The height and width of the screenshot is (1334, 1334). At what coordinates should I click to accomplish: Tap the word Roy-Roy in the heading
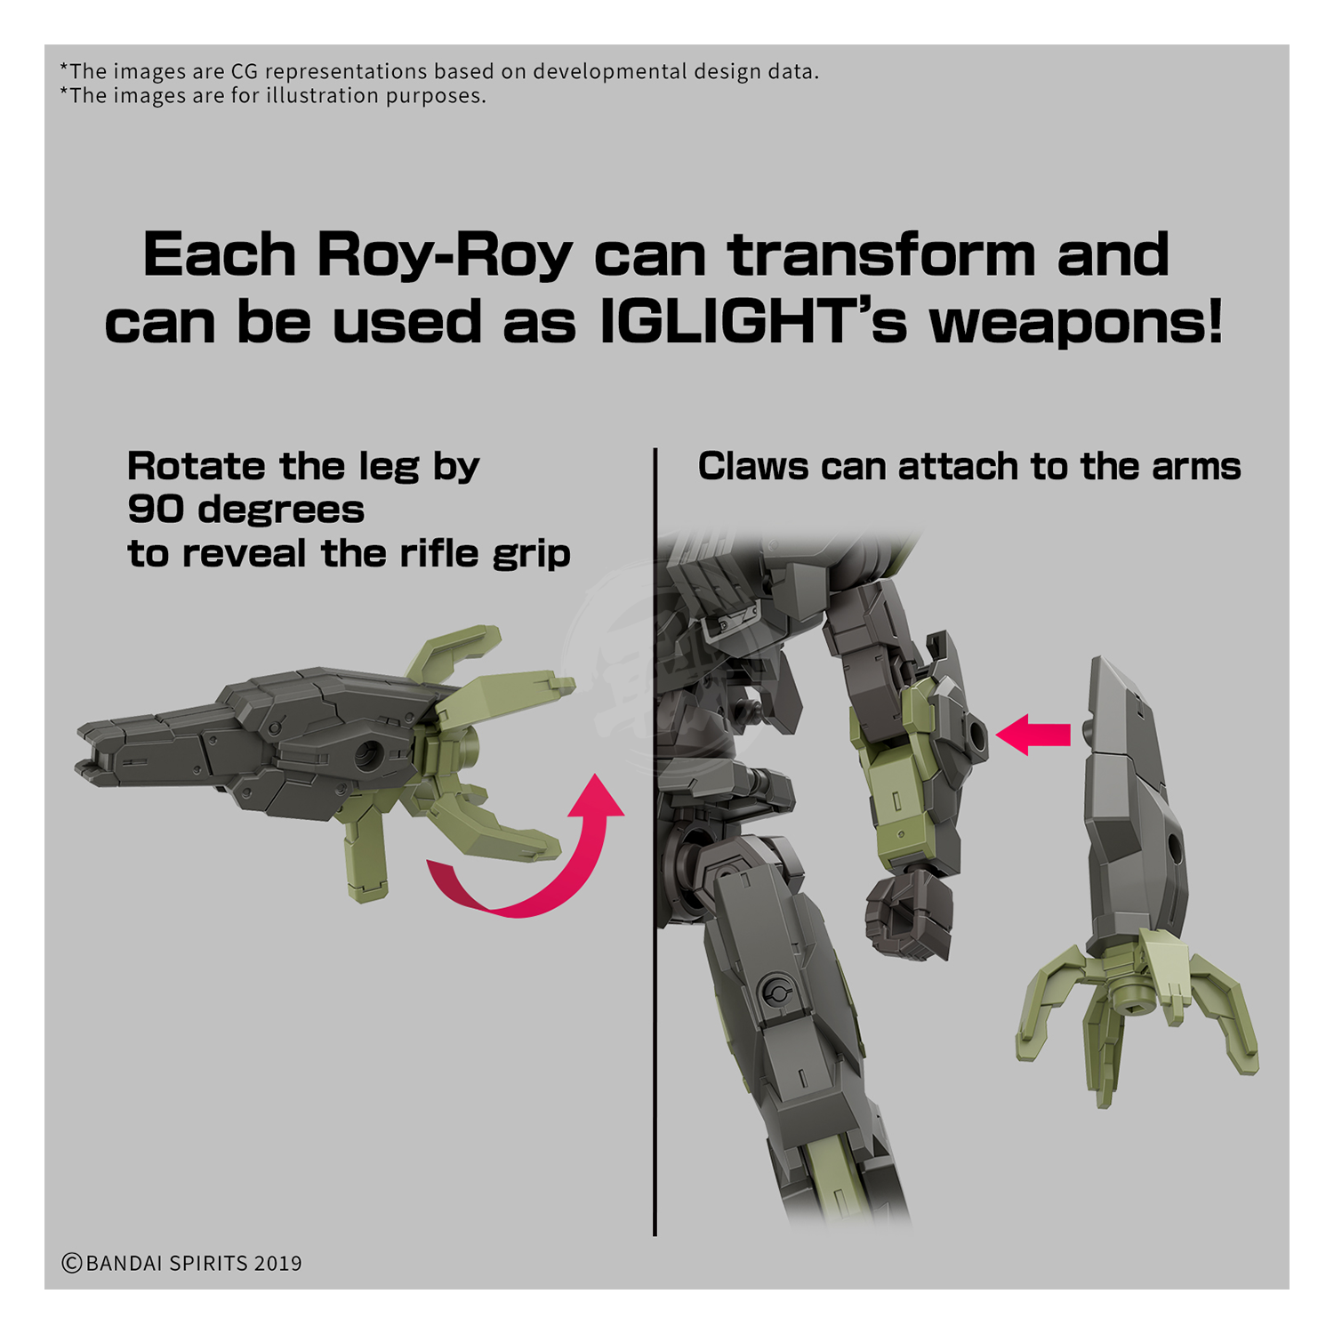(x=446, y=256)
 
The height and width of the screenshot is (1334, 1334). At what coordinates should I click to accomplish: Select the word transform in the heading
(x=882, y=254)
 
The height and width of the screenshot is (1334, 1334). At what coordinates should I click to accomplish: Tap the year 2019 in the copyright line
(x=277, y=1263)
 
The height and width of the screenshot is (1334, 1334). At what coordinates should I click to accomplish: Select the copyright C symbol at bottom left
(x=72, y=1263)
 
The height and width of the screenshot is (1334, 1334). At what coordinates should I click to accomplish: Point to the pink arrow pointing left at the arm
(x=1033, y=735)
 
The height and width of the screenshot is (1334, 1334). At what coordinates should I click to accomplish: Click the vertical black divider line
(x=655, y=841)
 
